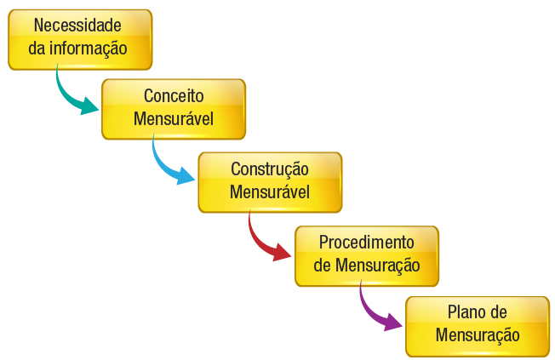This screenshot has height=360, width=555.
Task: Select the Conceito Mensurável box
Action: click(x=174, y=109)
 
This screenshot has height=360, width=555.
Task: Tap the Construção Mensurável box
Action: click(x=270, y=182)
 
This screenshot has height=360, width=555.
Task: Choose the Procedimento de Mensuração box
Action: click(x=366, y=255)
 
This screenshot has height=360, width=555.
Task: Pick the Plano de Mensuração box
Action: click(x=477, y=326)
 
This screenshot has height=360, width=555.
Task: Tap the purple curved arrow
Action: click(x=375, y=311)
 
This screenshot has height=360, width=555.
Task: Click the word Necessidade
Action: click(x=78, y=26)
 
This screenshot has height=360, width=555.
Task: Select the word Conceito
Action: click(x=174, y=96)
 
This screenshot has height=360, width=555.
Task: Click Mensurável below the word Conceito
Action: click(x=174, y=118)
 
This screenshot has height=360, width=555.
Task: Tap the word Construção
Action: click(x=270, y=169)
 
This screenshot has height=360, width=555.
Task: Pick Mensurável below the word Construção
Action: click(x=270, y=191)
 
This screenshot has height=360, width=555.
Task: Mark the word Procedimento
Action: click(x=367, y=242)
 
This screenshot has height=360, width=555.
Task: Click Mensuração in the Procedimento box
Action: click(x=378, y=265)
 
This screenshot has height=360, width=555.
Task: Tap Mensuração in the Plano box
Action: click(x=478, y=335)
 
